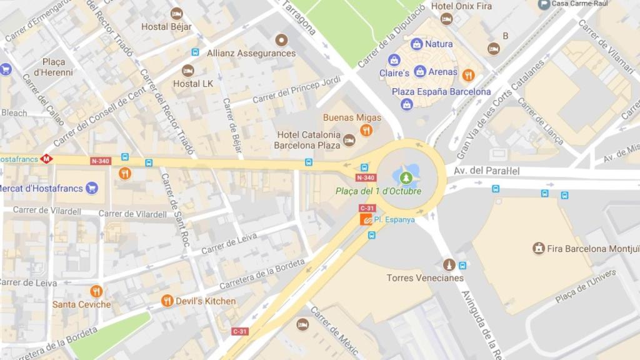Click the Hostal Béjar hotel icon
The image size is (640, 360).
(x=177, y=13)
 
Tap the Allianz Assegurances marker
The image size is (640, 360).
(x=282, y=39)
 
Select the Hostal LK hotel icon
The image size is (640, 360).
(x=187, y=71)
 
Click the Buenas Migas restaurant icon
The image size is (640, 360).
(x=366, y=131)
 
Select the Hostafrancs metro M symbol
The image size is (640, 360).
(x=46, y=159)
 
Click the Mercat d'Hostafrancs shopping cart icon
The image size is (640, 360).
(x=92, y=187)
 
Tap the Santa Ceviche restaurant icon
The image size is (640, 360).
(x=96, y=291)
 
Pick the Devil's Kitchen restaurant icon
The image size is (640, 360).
(x=167, y=301)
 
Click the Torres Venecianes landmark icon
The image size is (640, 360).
(x=448, y=264)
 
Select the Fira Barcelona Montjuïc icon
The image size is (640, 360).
(x=538, y=248)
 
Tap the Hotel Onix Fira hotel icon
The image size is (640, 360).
(x=446, y=19)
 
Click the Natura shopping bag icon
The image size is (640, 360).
(x=416, y=44)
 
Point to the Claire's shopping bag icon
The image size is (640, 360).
(x=394, y=60)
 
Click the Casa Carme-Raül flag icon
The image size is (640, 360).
(x=544, y=4)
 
